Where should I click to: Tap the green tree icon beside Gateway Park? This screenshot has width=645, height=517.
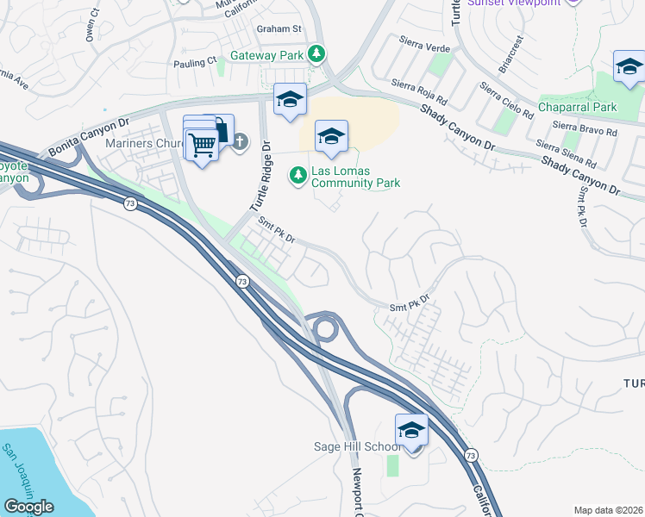(317, 54)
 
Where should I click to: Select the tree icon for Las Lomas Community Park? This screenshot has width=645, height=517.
(298, 175)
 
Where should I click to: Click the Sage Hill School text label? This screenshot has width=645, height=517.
(357, 446)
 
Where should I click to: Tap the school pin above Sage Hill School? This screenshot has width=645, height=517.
(411, 430)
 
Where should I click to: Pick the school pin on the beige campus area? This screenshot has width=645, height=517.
(331, 136)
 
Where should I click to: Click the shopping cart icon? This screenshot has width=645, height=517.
(202, 146)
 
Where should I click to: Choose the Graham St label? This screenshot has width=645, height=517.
(278, 28)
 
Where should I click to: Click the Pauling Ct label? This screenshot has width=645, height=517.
(194, 62)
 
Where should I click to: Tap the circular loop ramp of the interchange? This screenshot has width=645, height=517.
(325, 328)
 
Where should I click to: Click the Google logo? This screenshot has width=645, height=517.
(28, 507)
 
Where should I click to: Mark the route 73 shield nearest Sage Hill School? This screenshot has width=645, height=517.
(470, 454)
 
